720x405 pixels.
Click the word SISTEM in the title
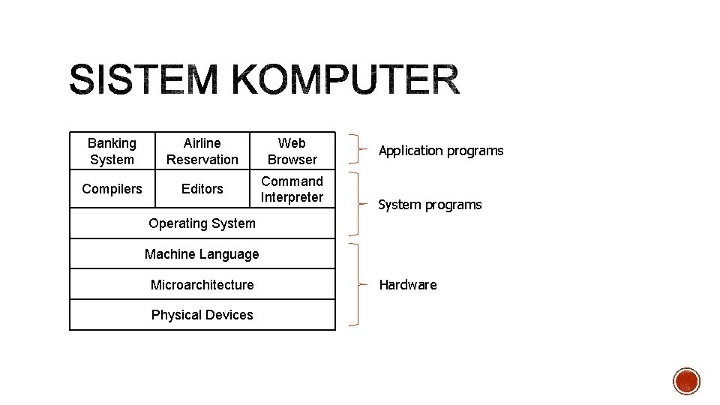point(142,80)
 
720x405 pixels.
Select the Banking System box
point(112,151)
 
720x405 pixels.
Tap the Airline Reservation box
point(202,151)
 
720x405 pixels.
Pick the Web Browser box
point(292,151)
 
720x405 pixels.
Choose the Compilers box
point(112,189)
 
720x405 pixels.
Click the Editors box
point(202,189)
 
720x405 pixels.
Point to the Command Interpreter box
point(292,189)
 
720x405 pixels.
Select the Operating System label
point(202,223)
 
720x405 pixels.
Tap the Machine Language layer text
point(202,254)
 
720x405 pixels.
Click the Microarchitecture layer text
point(202,284)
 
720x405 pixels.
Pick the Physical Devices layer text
point(202,315)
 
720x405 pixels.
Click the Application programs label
point(441,151)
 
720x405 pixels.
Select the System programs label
point(430,205)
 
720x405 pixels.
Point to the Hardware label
point(408,285)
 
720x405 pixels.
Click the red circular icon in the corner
point(686,381)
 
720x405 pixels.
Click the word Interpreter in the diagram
point(292,197)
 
